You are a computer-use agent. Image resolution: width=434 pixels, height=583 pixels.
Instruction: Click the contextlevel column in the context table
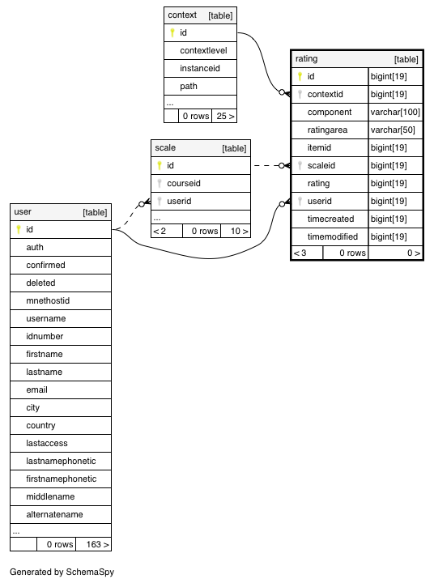(203, 50)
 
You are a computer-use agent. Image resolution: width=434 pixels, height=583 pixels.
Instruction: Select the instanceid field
(200, 68)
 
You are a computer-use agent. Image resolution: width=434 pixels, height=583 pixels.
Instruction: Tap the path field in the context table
(189, 87)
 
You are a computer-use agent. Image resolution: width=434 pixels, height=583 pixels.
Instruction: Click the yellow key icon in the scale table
(160, 165)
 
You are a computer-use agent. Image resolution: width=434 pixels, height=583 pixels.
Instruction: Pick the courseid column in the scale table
(184, 183)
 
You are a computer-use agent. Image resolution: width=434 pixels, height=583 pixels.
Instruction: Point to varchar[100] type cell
(395, 113)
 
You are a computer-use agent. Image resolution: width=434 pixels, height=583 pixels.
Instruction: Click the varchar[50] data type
(393, 130)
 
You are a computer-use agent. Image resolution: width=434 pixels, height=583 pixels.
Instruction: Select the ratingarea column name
(327, 130)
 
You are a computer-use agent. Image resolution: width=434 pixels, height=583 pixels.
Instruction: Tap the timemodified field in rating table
(333, 236)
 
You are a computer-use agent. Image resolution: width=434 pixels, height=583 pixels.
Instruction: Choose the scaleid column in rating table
(321, 165)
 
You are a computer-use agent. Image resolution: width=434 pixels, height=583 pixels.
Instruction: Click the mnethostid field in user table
(48, 300)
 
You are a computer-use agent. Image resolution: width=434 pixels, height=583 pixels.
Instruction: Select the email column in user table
(36, 389)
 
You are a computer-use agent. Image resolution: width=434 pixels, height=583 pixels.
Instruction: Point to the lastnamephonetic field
(61, 461)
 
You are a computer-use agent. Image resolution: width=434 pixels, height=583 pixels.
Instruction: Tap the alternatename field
(54, 515)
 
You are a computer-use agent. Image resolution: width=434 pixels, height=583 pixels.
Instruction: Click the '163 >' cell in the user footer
(93, 544)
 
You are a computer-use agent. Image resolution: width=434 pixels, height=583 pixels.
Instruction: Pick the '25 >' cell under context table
(224, 116)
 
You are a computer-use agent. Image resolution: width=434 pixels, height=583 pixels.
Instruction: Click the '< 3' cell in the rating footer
(307, 253)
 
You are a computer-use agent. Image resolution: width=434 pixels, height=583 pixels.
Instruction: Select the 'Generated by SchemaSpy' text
(62, 572)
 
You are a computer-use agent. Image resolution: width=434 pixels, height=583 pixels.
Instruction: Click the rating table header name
(306, 59)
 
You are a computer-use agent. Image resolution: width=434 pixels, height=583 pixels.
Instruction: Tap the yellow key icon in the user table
(19, 229)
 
